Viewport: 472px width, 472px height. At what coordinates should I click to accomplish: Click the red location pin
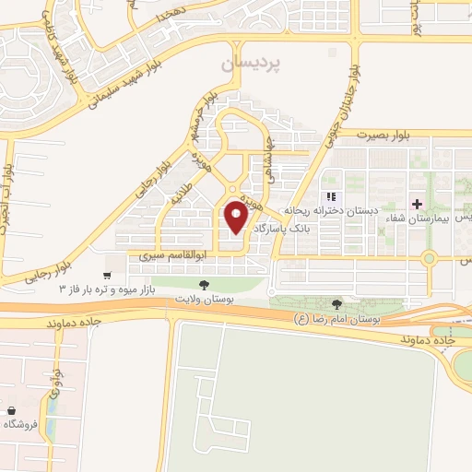click(237, 217)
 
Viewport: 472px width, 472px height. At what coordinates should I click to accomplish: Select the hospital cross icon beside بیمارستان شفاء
click(418, 203)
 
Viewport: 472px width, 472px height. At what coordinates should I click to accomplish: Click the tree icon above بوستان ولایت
click(205, 285)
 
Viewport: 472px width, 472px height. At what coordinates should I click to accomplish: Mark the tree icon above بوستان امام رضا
click(336, 303)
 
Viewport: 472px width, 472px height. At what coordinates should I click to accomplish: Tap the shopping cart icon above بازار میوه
click(109, 275)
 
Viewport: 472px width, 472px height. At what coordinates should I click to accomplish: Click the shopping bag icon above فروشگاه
click(11, 410)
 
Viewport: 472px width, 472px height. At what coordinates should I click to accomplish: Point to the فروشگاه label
click(19, 424)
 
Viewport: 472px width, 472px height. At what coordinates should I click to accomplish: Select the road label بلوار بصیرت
click(383, 135)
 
